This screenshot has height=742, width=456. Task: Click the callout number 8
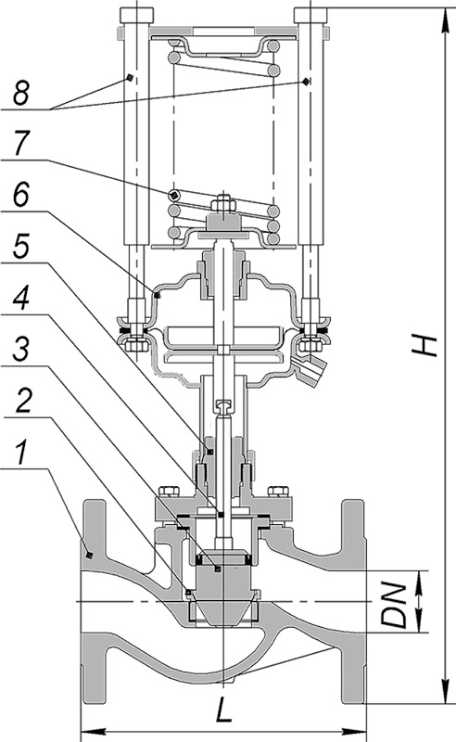(21, 92)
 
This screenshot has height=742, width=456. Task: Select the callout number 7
(21, 144)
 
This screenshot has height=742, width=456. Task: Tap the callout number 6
(21, 195)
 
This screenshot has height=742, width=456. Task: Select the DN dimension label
(394, 607)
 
